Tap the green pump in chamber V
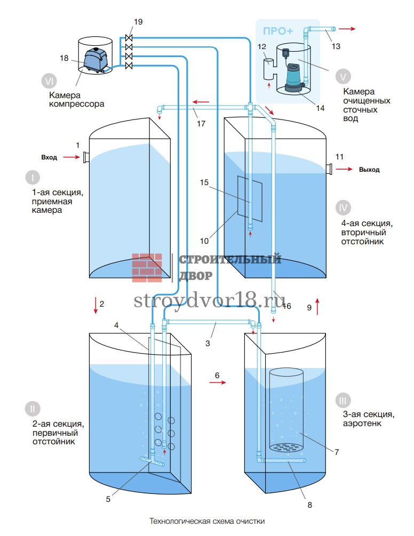(292, 76)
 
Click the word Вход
(49, 157)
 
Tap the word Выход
(369, 170)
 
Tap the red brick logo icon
(147, 267)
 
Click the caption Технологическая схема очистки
(207, 521)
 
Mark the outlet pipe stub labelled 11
(329, 169)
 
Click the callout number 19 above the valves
(138, 22)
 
